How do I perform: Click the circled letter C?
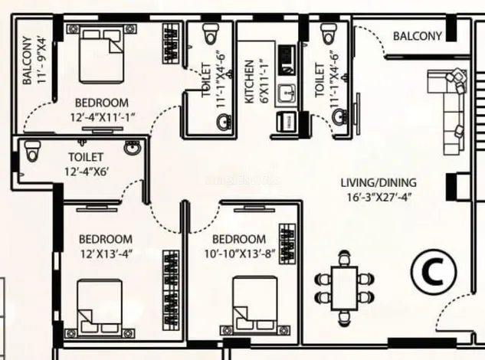(434, 272)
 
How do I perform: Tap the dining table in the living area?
(345, 288)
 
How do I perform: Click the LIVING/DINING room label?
(378, 183)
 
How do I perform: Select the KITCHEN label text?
(249, 82)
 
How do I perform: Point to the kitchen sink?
(287, 94)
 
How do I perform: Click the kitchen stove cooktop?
(287, 60)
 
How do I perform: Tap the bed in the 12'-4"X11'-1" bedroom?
(102, 56)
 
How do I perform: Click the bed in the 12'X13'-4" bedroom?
(100, 307)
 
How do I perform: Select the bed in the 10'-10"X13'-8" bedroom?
(255, 304)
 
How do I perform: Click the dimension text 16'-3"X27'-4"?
(379, 197)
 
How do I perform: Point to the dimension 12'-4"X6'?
(87, 172)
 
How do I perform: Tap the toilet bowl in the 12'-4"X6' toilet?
(32, 151)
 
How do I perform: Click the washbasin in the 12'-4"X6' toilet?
(133, 147)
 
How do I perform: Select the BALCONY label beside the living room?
(418, 36)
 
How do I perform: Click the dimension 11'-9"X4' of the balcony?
(41, 61)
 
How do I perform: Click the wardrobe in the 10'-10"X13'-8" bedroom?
(287, 244)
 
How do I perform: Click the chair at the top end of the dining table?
(344, 258)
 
